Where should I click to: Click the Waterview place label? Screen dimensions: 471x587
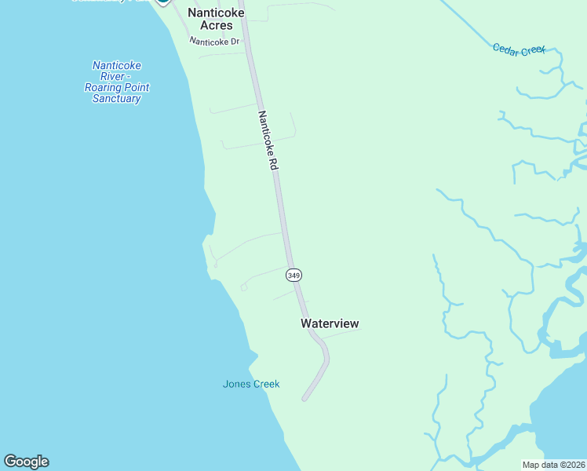(330, 323)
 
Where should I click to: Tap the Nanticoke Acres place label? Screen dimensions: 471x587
(211, 20)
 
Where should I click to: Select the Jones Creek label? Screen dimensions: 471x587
(251, 384)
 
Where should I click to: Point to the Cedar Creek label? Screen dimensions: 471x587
(519, 49)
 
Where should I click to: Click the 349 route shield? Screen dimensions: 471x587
(293, 275)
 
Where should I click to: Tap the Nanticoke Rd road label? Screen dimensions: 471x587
(268, 141)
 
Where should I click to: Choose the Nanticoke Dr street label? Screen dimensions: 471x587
(214, 42)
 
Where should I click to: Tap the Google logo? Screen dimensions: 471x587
(26, 462)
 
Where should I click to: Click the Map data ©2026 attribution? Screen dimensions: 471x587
(553, 465)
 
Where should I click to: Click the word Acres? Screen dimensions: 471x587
(211, 26)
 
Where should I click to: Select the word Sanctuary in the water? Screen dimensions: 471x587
(116, 99)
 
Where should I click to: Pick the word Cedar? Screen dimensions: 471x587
(505, 48)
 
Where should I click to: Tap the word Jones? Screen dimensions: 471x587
(237, 384)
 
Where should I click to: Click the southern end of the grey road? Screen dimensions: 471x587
(304, 399)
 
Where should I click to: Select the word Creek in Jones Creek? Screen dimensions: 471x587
(266, 384)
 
